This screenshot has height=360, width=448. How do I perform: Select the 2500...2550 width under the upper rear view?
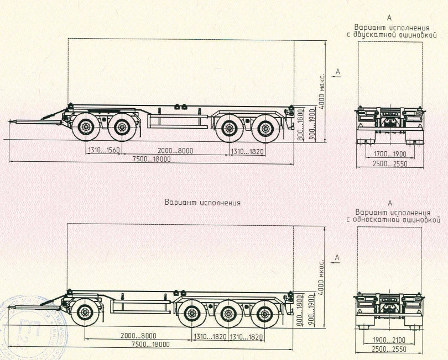point(390,164)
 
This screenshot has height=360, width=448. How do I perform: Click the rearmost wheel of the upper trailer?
point(265,129)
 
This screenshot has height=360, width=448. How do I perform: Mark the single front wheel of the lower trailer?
point(85,313)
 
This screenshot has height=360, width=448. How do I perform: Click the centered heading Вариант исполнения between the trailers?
point(202,203)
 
